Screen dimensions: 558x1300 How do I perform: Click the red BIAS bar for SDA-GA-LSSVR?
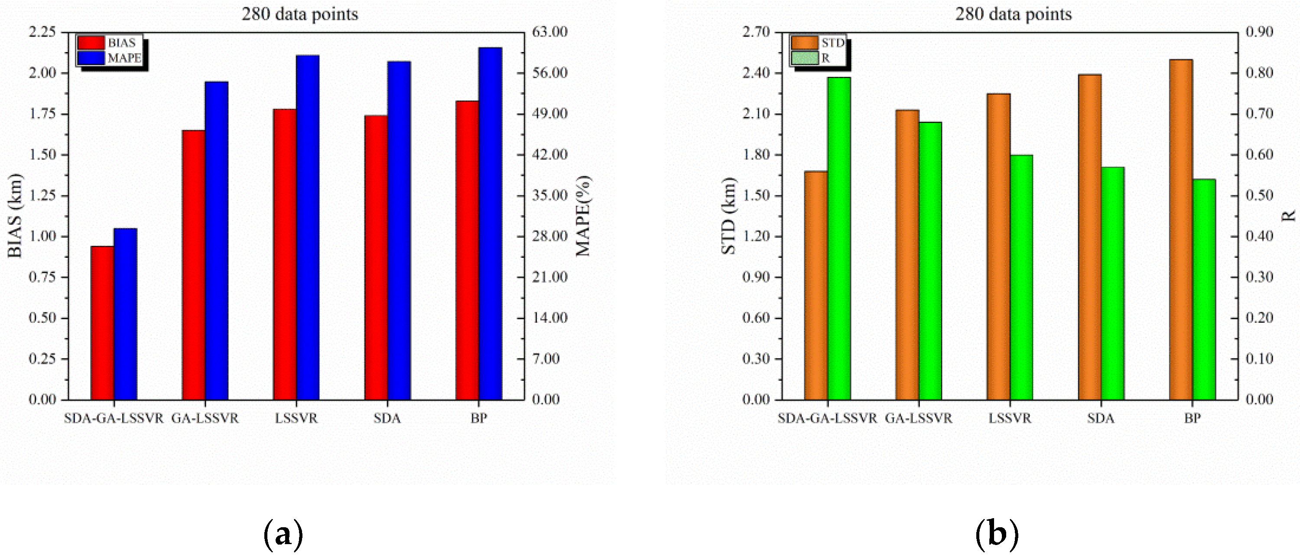click(x=102, y=323)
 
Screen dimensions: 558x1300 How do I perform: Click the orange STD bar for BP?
click(x=1180, y=230)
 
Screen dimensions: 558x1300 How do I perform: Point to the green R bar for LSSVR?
click(x=1021, y=278)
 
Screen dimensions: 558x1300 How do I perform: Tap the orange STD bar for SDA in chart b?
click(x=1089, y=237)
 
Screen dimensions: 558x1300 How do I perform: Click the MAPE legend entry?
click(x=124, y=58)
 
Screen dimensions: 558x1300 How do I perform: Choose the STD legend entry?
click(x=832, y=43)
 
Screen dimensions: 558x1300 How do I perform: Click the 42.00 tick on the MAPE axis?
click(x=549, y=154)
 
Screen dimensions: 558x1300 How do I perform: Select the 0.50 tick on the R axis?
click(x=1259, y=195)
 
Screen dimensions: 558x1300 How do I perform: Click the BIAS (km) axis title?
click(x=15, y=216)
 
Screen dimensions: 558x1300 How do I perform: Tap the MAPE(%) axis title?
click(x=583, y=216)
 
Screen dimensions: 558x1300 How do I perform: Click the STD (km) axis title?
click(x=728, y=216)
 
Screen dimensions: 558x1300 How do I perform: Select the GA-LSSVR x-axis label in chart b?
click(x=919, y=418)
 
